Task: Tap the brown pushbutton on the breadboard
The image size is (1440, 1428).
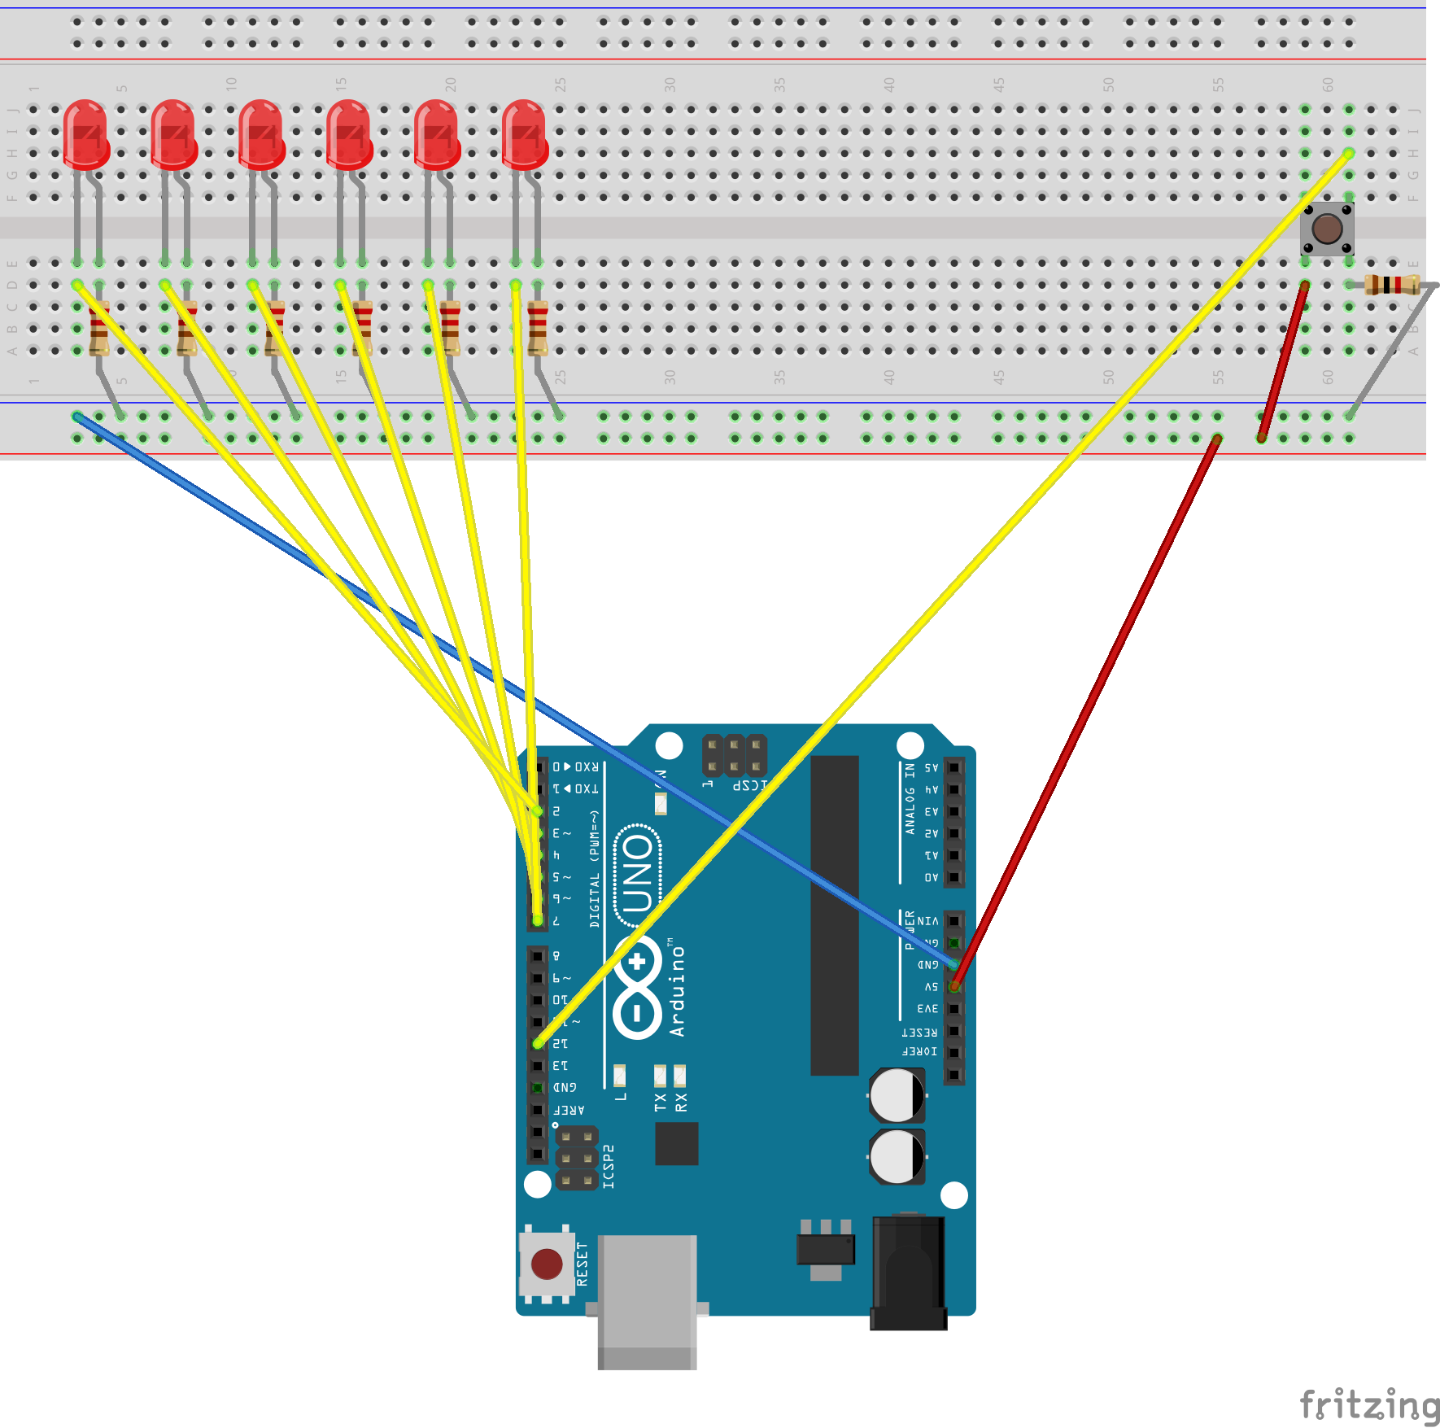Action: pyautogui.click(x=1327, y=229)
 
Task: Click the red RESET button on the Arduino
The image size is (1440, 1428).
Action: pyautogui.click(x=546, y=1264)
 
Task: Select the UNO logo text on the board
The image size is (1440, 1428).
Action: pyautogui.click(x=638, y=875)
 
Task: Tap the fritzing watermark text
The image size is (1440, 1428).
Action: pyautogui.click(x=1368, y=1405)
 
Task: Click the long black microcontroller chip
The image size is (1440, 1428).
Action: pyautogui.click(x=834, y=915)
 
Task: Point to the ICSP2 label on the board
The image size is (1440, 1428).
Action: pyautogui.click(x=609, y=1166)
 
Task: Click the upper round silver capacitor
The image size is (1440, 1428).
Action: pyautogui.click(x=897, y=1094)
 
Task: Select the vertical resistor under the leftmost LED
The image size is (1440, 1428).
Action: pyautogui.click(x=99, y=328)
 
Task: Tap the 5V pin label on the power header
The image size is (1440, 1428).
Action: pyautogui.click(x=931, y=987)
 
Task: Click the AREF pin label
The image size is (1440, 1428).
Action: pyautogui.click(x=569, y=1110)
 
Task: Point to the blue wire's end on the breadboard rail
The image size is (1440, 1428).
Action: pyautogui.click(x=77, y=417)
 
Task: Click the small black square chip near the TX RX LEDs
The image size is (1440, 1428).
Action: pyautogui.click(x=676, y=1143)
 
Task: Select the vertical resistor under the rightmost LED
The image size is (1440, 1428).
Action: pyautogui.click(x=538, y=328)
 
